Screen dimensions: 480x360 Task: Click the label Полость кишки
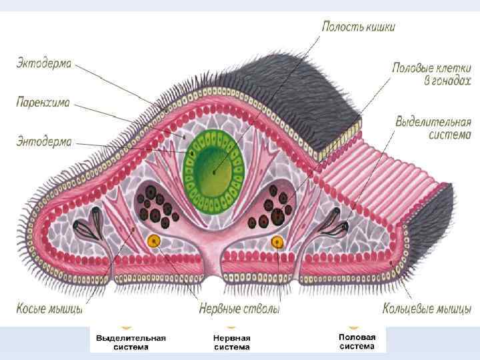pyautogui.click(x=358, y=27)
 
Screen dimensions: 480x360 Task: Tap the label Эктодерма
pyautogui.click(x=44, y=65)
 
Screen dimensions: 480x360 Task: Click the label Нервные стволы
pyautogui.click(x=239, y=309)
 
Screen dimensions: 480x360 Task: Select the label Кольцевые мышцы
pyautogui.click(x=427, y=309)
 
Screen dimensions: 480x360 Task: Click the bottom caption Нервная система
pyautogui.click(x=231, y=342)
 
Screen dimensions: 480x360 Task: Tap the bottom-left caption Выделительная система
pyautogui.click(x=131, y=342)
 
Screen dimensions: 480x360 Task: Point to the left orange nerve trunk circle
pyautogui.click(x=155, y=241)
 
